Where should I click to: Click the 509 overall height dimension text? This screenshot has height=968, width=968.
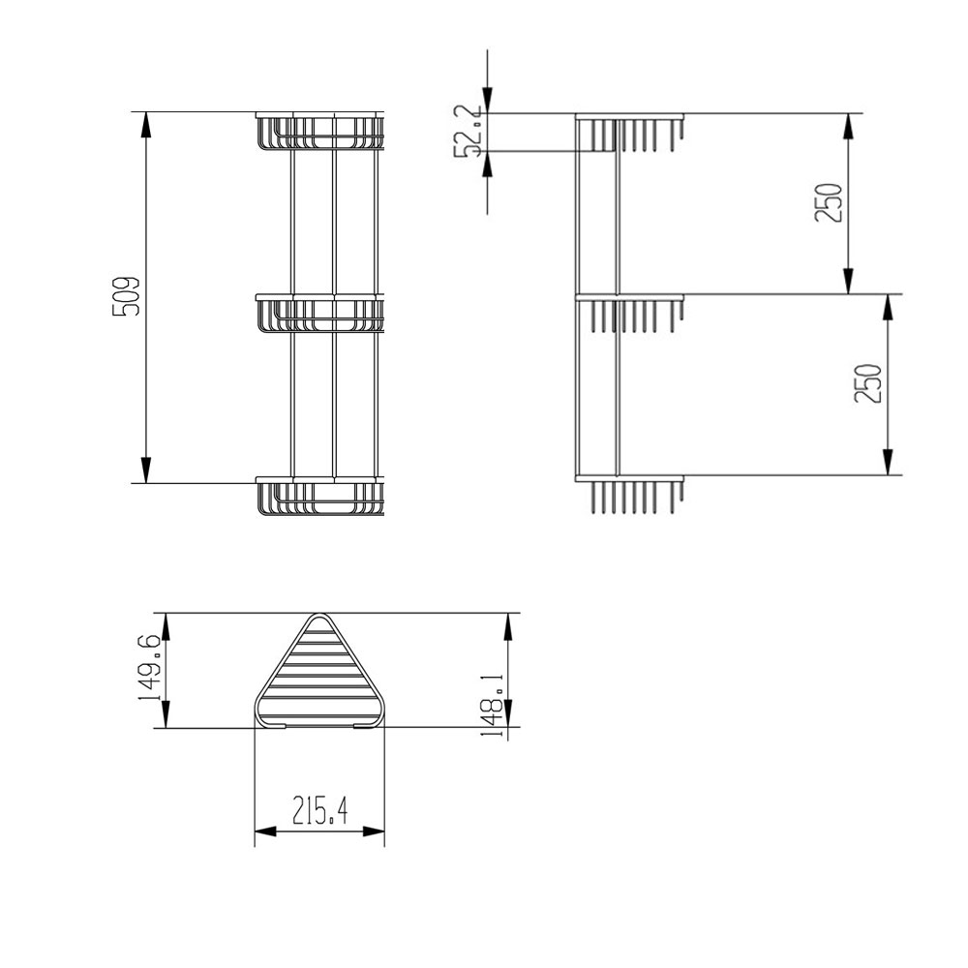click(127, 296)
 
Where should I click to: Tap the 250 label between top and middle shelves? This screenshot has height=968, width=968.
click(830, 203)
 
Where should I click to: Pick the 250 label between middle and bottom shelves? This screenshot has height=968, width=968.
click(868, 383)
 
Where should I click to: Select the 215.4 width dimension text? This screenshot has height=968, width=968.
click(319, 809)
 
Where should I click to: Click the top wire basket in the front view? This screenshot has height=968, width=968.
click(319, 132)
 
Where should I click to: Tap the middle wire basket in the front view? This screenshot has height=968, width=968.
click(319, 314)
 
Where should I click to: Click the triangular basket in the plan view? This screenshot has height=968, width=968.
click(319, 678)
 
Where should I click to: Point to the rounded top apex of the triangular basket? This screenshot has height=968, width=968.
click(319, 617)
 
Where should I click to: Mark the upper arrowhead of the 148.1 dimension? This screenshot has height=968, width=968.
click(506, 625)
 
